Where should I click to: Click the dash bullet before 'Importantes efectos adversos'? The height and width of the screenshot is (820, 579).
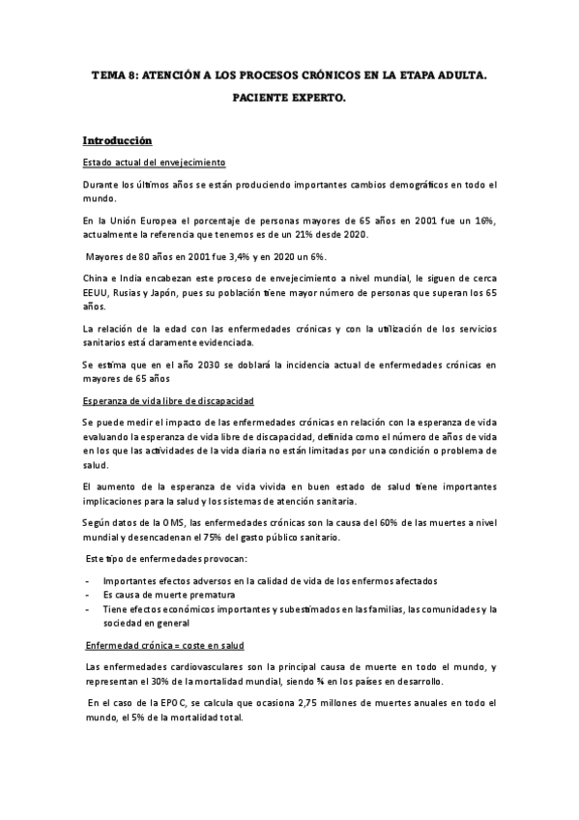click(89, 580)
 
